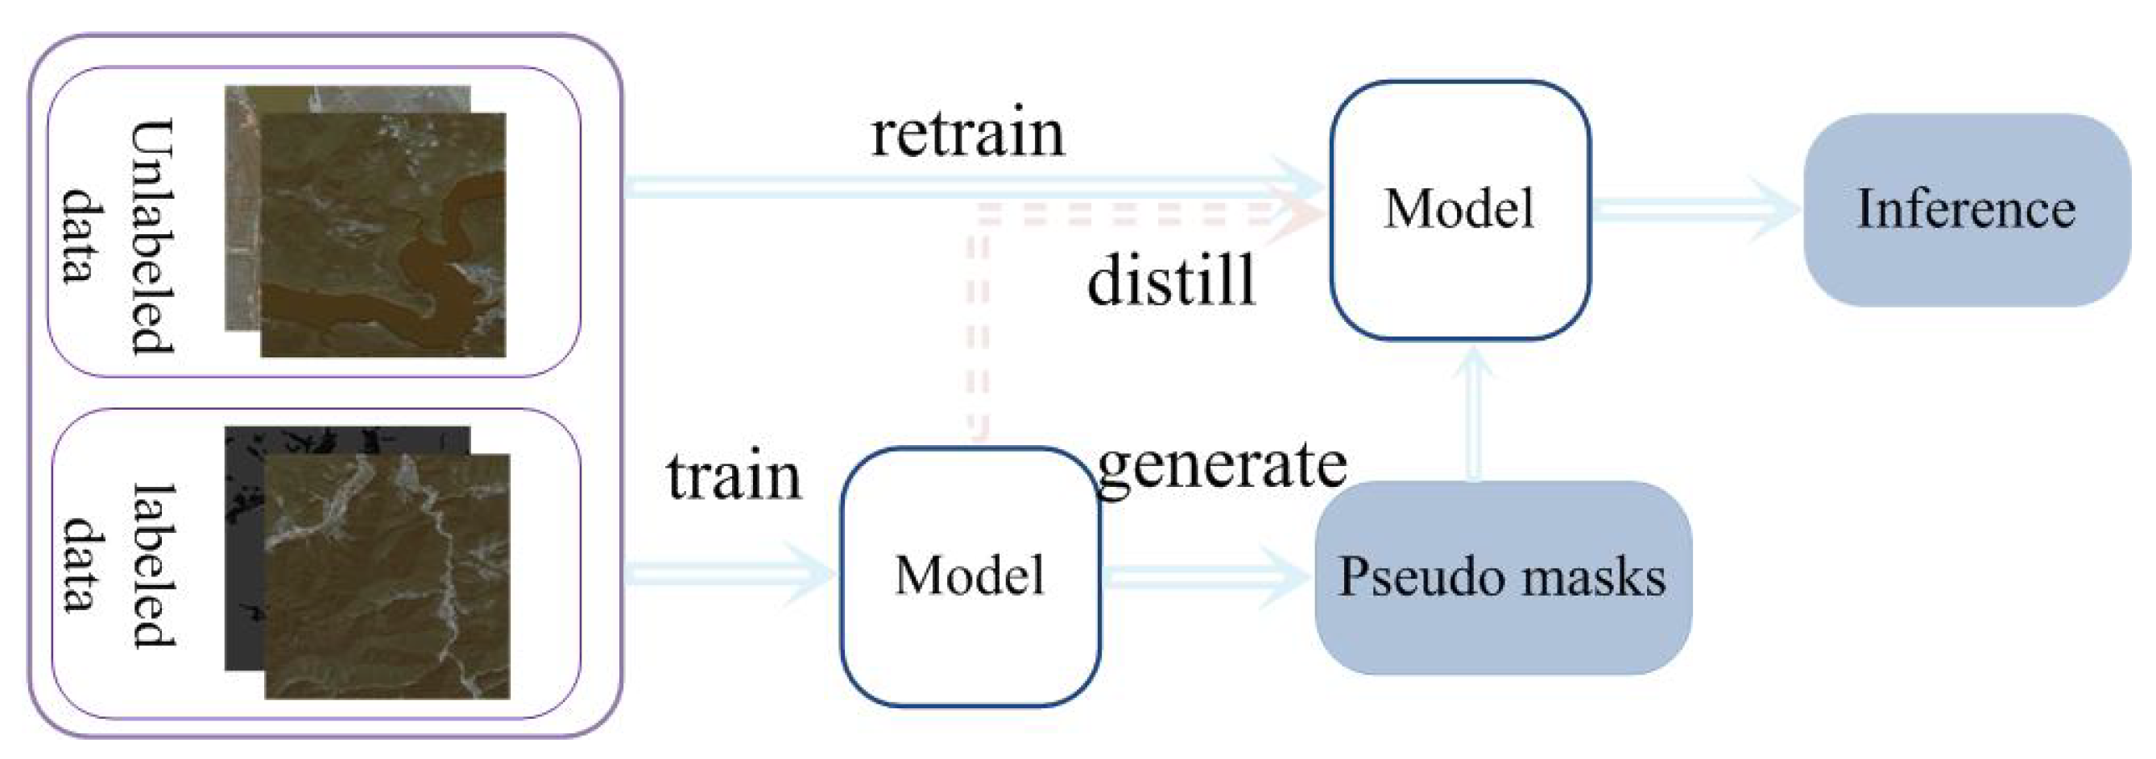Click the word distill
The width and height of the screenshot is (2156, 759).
pos(1171,280)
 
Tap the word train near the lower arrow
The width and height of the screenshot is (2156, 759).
pos(734,477)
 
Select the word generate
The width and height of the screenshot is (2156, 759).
pos(1221,467)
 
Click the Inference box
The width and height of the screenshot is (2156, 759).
pos(1966,209)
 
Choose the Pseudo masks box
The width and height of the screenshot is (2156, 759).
pos(1502,577)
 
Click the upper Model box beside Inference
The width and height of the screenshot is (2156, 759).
pos(1459,209)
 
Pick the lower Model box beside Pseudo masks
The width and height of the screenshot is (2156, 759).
pos(969,575)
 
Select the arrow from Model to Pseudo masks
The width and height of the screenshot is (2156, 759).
pos(1205,575)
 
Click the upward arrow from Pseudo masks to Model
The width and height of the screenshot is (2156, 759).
pos(1474,415)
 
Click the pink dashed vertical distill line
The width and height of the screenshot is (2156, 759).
pos(978,335)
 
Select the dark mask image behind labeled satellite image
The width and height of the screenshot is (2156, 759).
pos(242,544)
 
